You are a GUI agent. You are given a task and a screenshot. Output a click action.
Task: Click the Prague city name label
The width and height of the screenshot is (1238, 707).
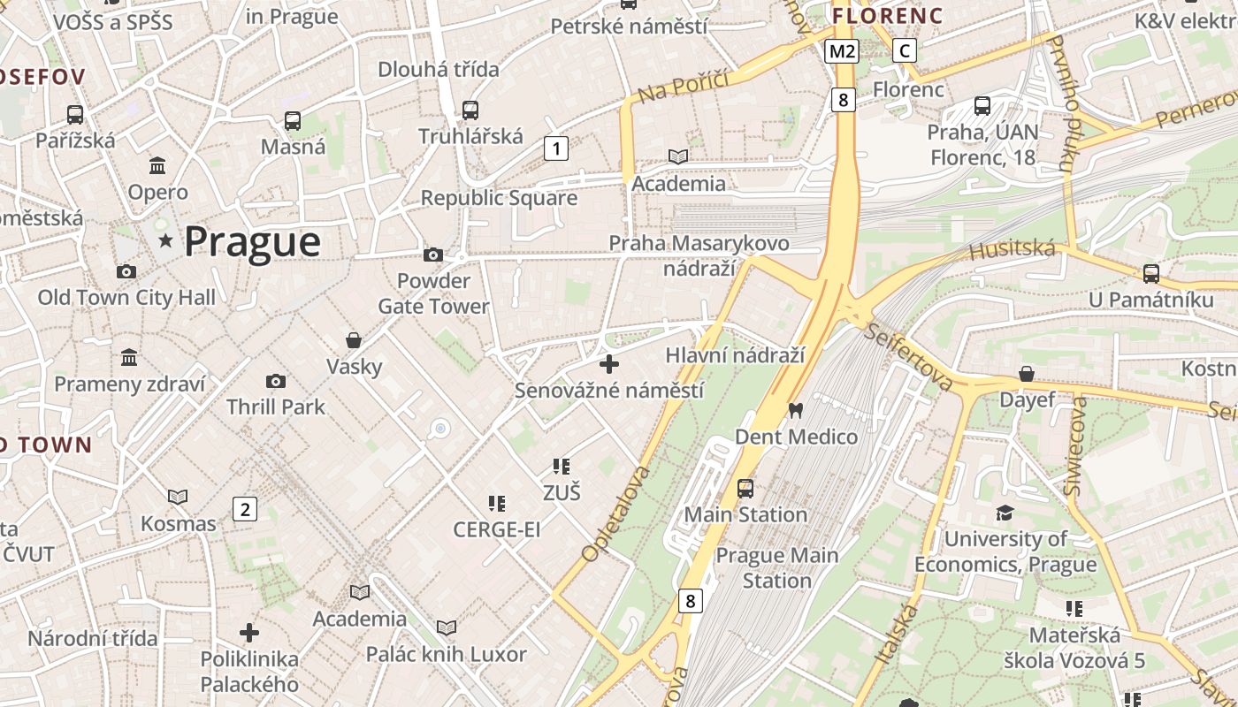tap(252, 241)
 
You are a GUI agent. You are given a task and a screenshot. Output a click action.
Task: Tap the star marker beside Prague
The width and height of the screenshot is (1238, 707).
tap(165, 240)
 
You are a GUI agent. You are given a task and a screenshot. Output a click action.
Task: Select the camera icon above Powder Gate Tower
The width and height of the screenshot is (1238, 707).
tap(433, 255)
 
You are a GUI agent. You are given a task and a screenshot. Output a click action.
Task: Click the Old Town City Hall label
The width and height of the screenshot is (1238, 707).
tap(126, 298)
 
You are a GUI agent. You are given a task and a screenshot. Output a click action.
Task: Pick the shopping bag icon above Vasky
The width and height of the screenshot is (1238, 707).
tap(354, 340)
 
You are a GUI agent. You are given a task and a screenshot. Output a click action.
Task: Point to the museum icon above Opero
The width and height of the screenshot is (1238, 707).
tap(158, 165)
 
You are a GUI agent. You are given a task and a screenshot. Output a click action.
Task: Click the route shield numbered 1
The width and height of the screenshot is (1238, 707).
tap(555, 148)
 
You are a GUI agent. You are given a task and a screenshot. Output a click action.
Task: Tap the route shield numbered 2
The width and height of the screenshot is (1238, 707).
tap(245, 508)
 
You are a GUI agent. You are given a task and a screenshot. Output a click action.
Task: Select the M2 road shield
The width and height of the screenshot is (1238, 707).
tap(841, 51)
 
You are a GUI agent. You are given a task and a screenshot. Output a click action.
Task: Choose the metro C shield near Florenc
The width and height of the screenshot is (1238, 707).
tap(904, 51)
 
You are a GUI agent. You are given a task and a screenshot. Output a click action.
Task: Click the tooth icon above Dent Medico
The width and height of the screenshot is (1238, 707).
tap(795, 410)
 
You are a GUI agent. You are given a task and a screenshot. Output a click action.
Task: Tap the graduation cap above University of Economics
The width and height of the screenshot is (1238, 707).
tap(1005, 513)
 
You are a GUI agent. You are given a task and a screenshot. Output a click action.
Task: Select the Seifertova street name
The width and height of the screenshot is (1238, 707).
tap(908, 357)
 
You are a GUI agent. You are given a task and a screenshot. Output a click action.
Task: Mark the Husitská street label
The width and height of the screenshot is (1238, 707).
tap(1013, 250)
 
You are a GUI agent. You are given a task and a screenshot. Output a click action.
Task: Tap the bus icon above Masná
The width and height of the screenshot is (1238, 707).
tap(293, 121)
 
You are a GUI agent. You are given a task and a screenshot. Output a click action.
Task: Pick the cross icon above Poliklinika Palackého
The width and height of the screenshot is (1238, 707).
tap(249, 633)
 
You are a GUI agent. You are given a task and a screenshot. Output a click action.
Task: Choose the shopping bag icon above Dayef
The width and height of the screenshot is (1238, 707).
tap(1027, 375)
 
